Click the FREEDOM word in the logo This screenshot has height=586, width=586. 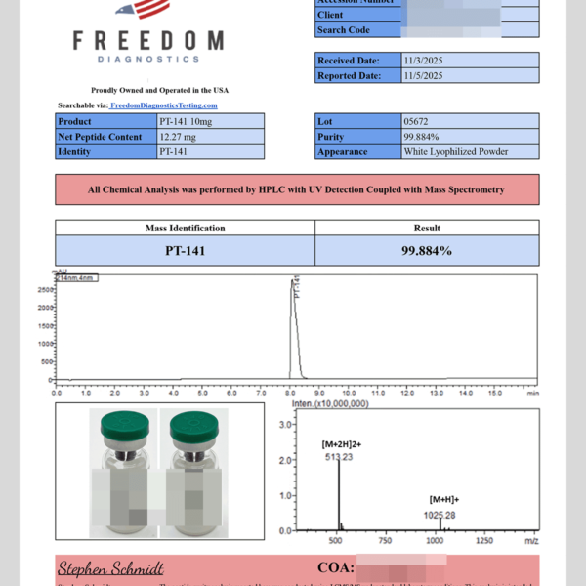pyautogui.click(x=148, y=42)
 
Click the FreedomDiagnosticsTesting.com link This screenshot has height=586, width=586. pyautogui.click(x=163, y=105)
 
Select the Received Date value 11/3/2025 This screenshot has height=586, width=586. pyautogui.click(x=424, y=61)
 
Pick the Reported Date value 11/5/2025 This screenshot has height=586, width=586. pyautogui.click(x=424, y=75)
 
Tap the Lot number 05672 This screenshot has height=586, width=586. pyautogui.click(x=415, y=122)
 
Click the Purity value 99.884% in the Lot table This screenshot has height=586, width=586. pyautogui.click(x=421, y=137)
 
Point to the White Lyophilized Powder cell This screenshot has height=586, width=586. pyautogui.click(x=455, y=151)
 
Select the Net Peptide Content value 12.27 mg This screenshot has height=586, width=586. pyautogui.click(x=180, y=137)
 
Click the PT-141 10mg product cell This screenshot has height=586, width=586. pyautogui.click(x=184, y=122)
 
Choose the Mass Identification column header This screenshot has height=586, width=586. pyautogui.click(x=185, y=228)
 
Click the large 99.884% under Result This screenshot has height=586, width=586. pyautogui.click(x=427, y=251)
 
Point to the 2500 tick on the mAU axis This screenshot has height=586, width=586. pyautogui.click(x=46, y=290)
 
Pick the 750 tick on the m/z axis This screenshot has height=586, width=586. pyautogui.click(x=386, y=539)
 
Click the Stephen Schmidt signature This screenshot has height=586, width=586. pyautogui.click(x=110, y=568)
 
